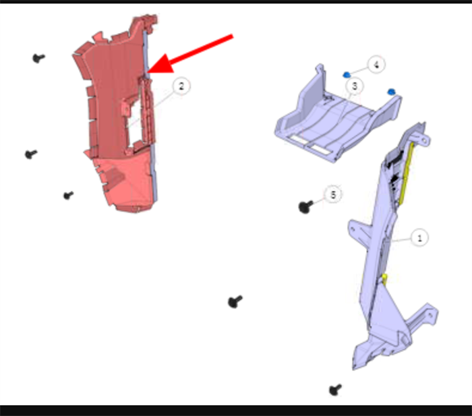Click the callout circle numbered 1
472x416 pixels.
pyautogui.click(x=419, y=238)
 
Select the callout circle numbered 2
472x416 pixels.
pyautogui.click(x=181, y=86)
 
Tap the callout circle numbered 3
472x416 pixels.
pyautogui.click(x=355, y=86)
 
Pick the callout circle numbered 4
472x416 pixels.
pyautogui.click(x=376, y=64)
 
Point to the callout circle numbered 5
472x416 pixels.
pyautogui.click(x=333, y=194)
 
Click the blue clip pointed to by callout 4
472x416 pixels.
pyautogui.click(x=347, y=74)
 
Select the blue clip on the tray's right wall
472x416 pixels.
pyautogui.click(x=391, y=92)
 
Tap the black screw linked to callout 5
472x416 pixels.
pyautogui.click(x=305, y=206)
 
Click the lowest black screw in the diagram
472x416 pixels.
pyautogui.click(x=335, y=390)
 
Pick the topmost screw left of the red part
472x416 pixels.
pyautogui.click(x=38, y=57)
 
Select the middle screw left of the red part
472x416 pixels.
pyautogui.click(x=30, y=154)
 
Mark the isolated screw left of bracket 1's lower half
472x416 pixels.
pyautogui.click(x=235, y=301)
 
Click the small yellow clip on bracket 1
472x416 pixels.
pyautogui.click(x=384, y=279)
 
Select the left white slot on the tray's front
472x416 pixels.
pyautogui.click(x=299, y=139)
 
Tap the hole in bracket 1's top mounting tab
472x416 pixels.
pyautogui.click(x=424, y=140)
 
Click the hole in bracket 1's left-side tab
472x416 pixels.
pyautogui.click(x=353, y=230)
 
